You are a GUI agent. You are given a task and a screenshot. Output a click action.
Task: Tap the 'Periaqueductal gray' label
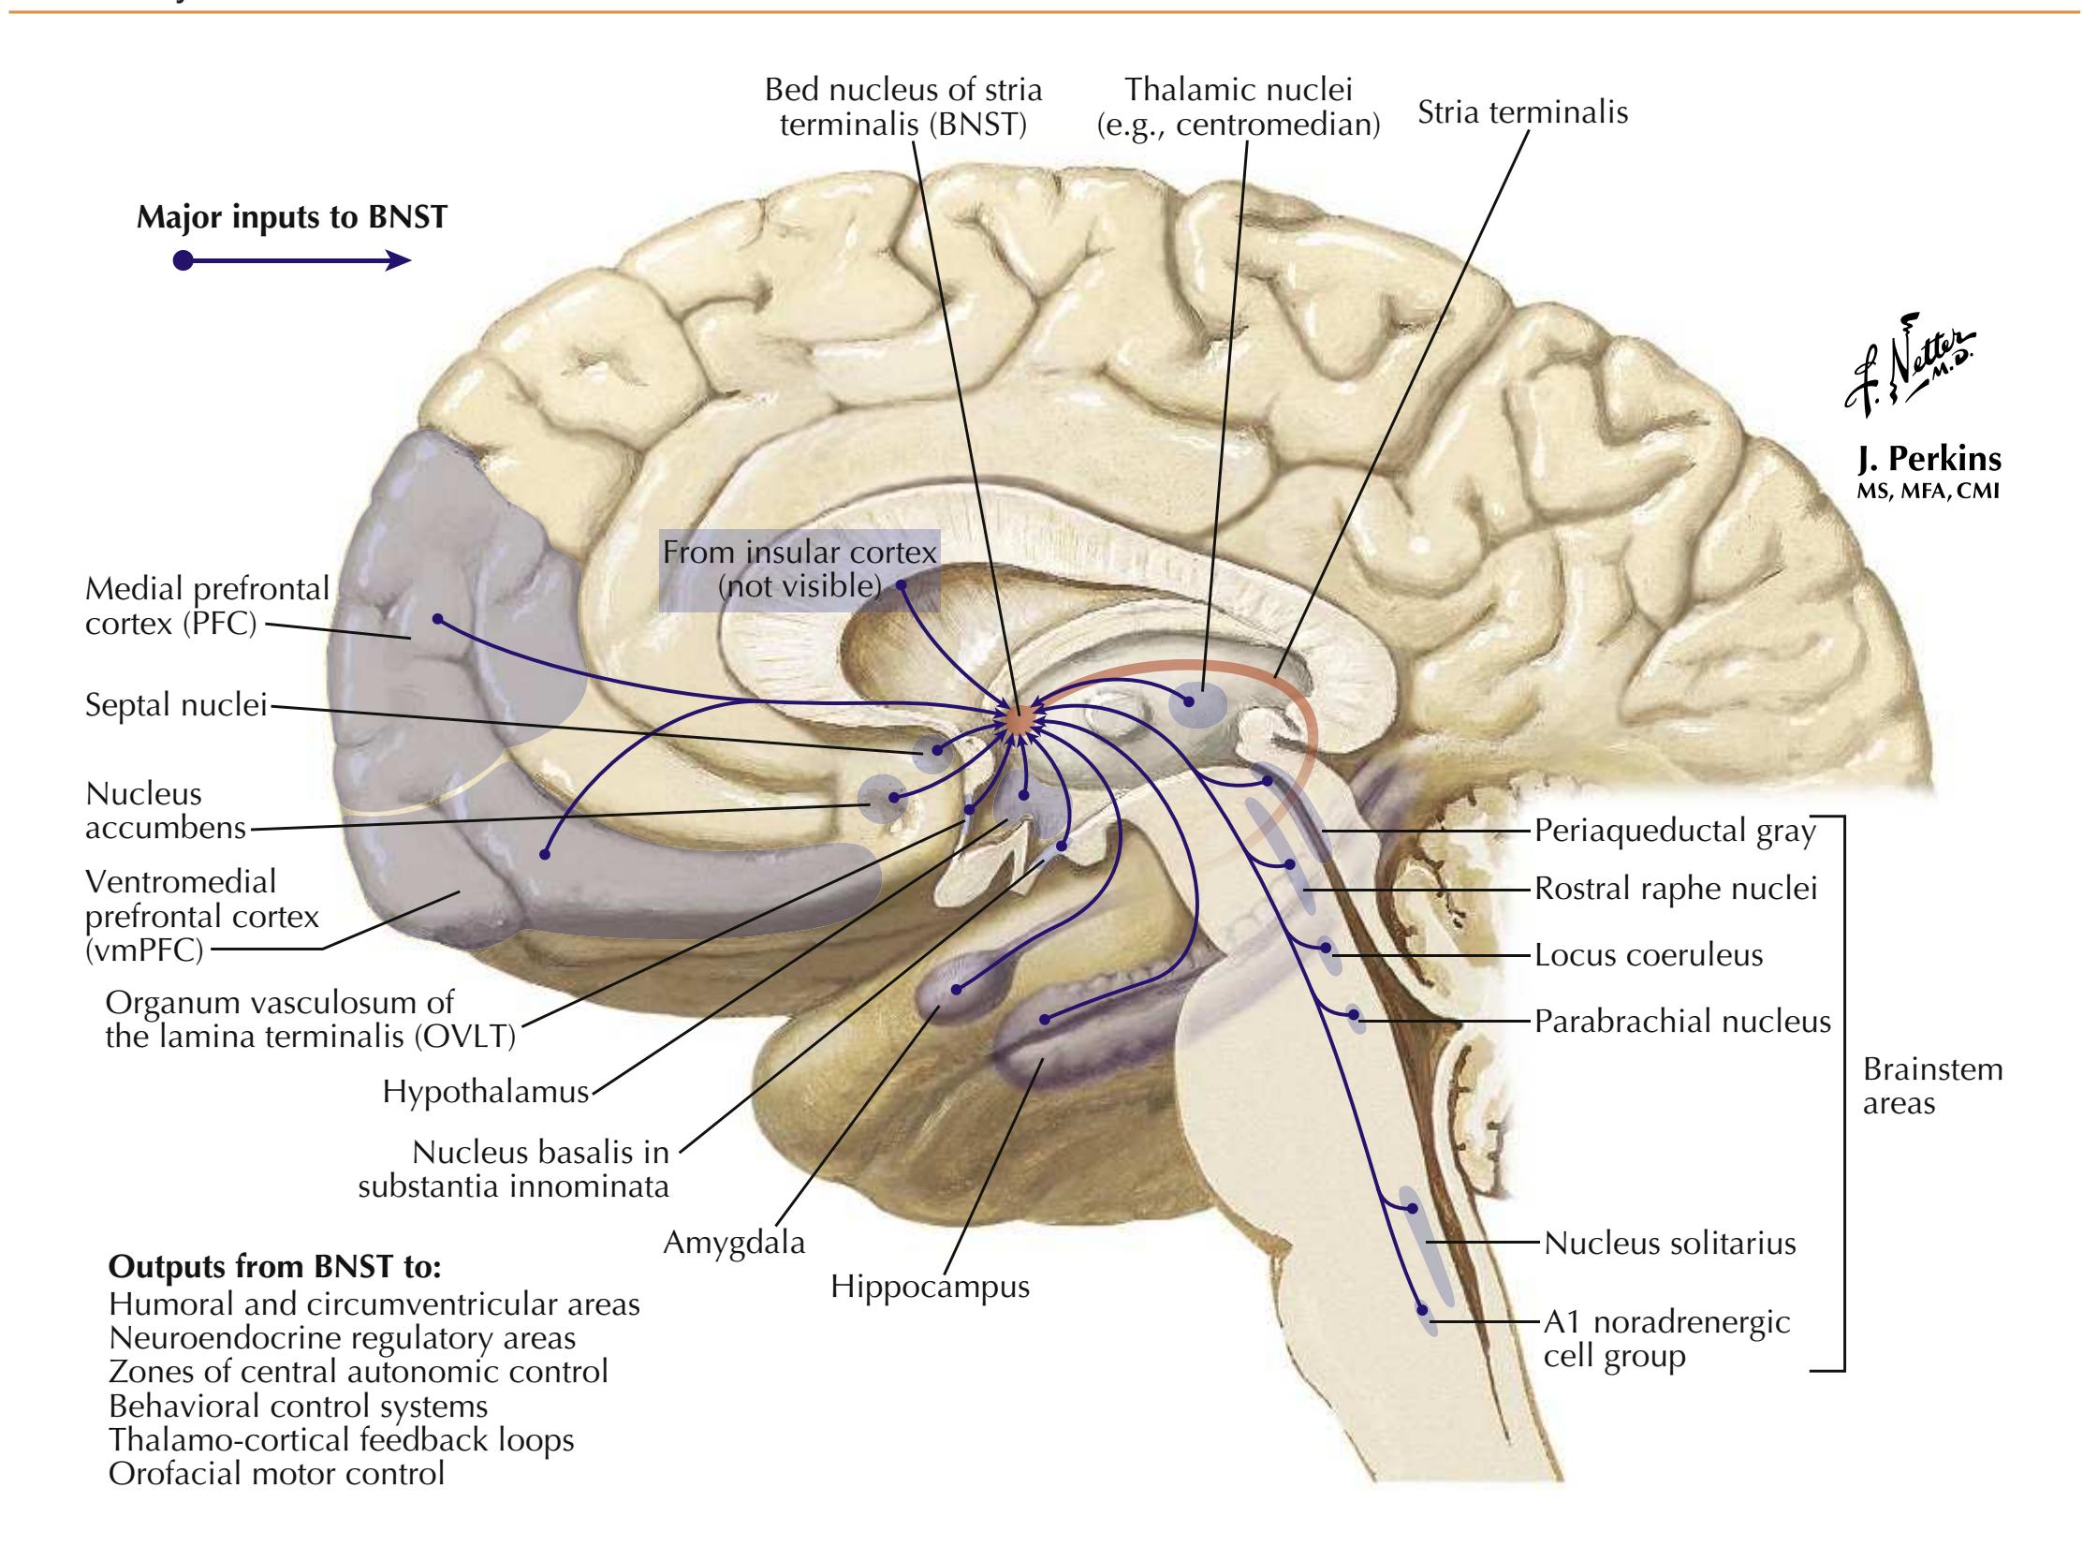tap(1674, 831)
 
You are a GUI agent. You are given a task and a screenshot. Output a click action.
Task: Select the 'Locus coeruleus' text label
tap(1648, 955)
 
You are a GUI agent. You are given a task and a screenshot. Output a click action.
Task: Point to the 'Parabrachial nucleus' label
tap(1681, 1022)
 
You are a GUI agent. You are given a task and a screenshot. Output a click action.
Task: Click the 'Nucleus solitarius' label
tap(1669, 1244)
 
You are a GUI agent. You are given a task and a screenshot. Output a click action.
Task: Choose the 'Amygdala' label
tap(734, 1243)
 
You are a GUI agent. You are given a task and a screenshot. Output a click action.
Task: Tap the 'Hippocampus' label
tap(930, 1286)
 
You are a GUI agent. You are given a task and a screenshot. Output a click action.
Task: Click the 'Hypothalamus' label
tap(485, 1092)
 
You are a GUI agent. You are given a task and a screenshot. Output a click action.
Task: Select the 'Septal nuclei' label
tap(176, 705)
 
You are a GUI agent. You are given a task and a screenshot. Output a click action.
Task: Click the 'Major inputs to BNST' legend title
tap(292, 217)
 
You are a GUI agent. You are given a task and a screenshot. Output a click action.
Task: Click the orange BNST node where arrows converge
tap(1018, 721)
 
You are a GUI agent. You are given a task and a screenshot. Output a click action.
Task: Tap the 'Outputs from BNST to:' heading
tap(275, 1267)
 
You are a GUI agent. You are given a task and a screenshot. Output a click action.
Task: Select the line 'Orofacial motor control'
tap(276, 1473)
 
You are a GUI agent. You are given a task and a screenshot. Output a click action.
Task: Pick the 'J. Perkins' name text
tap(1929, 460)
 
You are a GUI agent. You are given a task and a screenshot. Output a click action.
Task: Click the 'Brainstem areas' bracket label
tap(1931, 1086)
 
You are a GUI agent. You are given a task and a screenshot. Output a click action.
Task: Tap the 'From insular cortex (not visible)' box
tap(799, 569)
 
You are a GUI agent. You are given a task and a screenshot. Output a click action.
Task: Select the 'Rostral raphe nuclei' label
tap(1675, 889)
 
